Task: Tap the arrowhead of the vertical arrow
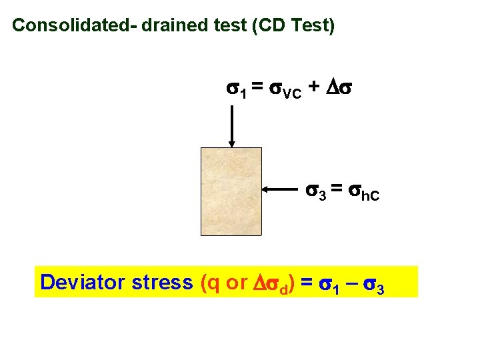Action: click(x=232, y=142)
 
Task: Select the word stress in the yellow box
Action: click(x=163, y=282)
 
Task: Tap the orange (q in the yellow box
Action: click(x=211, y=282)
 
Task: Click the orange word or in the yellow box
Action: click(x=237, y=282)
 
